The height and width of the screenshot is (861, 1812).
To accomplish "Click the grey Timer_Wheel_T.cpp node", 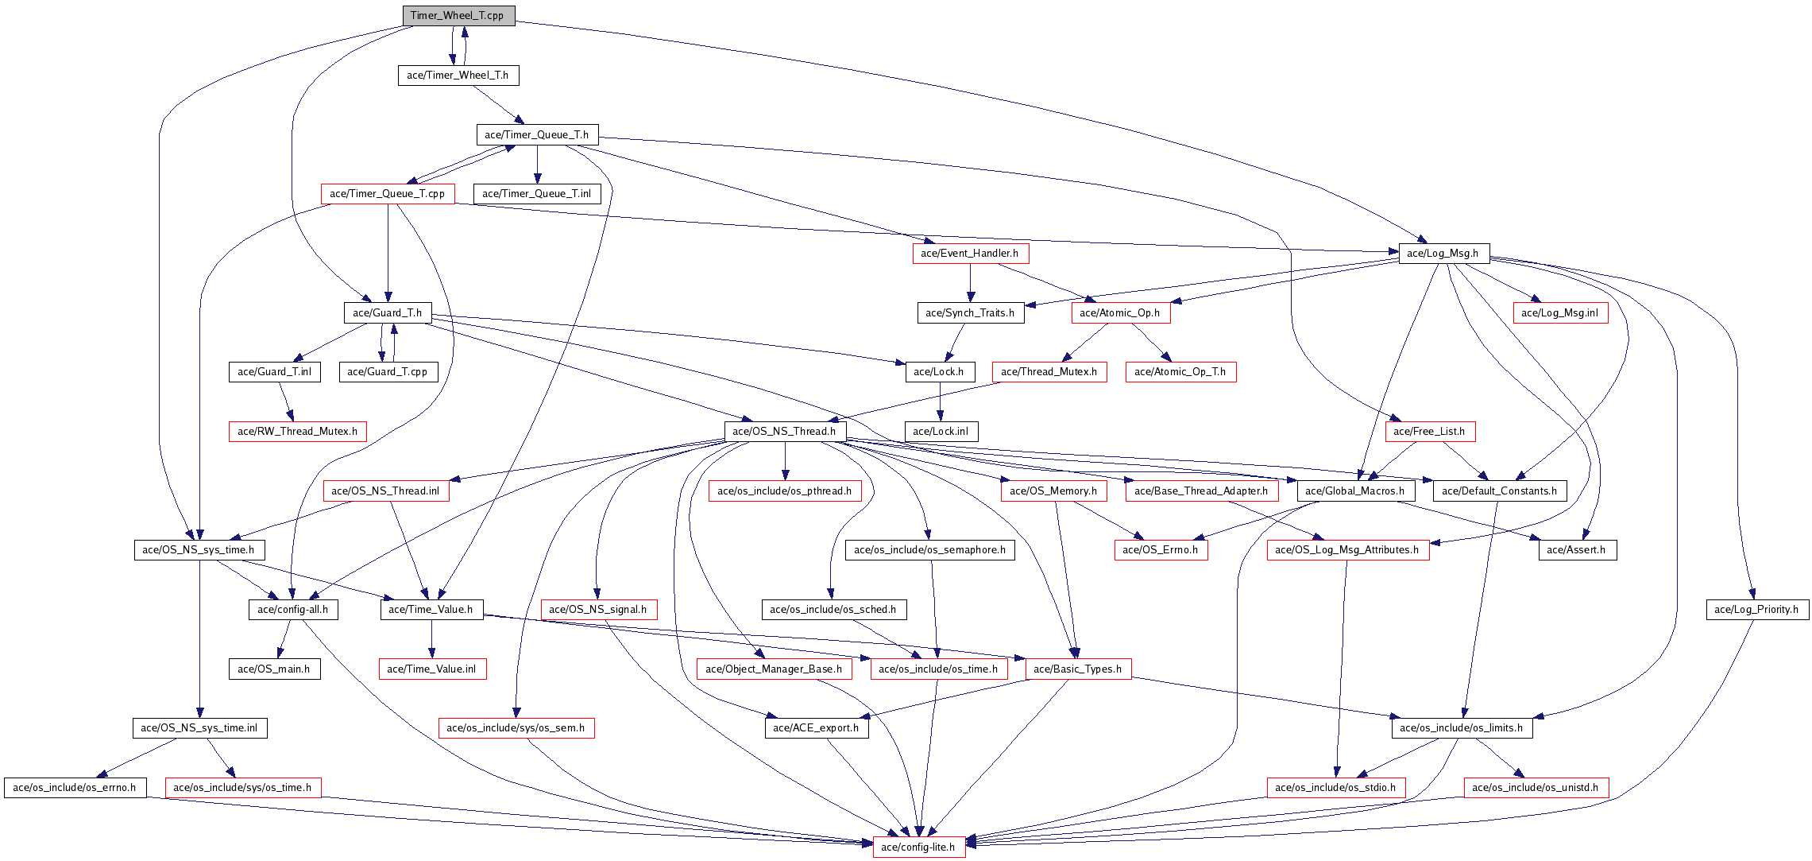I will [458, 16].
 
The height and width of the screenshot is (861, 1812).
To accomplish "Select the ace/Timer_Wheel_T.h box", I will [458, 76].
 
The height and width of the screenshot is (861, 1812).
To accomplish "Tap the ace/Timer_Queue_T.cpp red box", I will [388, 194].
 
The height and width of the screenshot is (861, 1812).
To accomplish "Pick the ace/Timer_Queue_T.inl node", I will [537, 194].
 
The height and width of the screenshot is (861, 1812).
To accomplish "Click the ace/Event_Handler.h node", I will [970, 254].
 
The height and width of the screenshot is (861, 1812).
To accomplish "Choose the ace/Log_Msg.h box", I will [1443, 254].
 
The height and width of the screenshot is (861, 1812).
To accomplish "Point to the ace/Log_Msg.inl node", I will [1560, 313].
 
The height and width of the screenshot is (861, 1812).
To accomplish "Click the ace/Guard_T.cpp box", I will [388, 372].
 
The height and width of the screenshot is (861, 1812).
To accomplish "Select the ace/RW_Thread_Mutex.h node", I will [298, 432].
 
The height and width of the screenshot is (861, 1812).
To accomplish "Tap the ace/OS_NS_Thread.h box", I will [785, 432].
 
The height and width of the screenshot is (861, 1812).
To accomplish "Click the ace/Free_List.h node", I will [1430, 432].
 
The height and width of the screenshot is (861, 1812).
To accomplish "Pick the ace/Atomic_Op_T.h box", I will [1180, 372].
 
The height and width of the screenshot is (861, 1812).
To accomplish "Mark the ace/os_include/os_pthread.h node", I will [785, 491].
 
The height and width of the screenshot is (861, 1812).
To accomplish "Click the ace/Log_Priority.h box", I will [1757, 610].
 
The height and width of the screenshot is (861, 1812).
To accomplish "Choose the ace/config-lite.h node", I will [919, 847].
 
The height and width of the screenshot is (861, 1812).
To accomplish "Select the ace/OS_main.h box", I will [274, 669].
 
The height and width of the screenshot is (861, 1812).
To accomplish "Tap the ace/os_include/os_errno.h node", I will [75, 788].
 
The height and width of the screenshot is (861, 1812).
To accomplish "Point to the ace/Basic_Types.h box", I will [1078, 669].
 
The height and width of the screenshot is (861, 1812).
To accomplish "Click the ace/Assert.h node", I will [1577, 550].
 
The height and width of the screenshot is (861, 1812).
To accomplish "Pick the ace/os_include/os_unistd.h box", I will [1536, 788].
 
